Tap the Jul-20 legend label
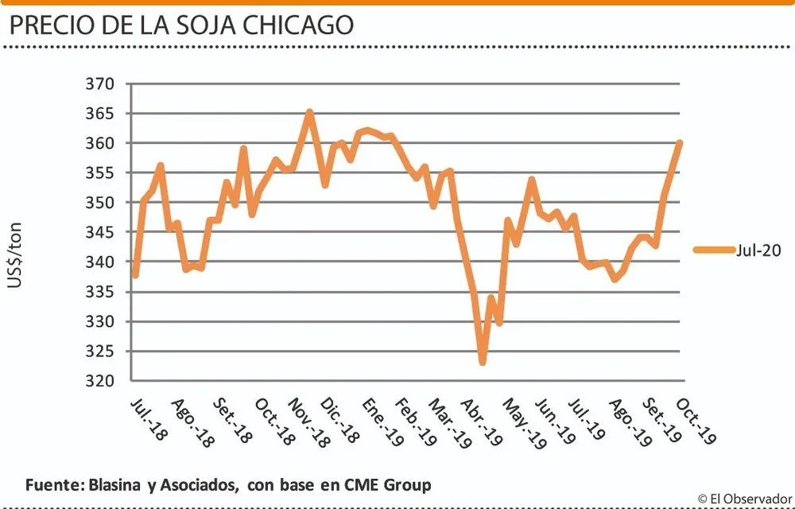pyautogui.click(x=759, y=251)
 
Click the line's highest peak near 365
pyautogui.click(x=309, y=112)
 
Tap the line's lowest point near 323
pyautogui.click(x=483, y=363)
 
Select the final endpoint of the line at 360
pyautogui.click(x=680, y=143)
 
